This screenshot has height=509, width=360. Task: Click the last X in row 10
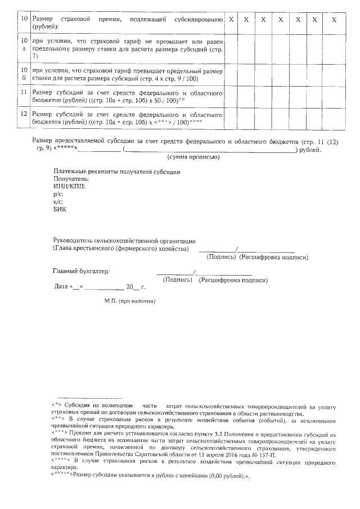click(334, 20)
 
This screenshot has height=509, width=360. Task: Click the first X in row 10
click(231, 20)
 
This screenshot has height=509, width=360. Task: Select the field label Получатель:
click(71, 179)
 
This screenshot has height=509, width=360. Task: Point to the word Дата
click(61, 287)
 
